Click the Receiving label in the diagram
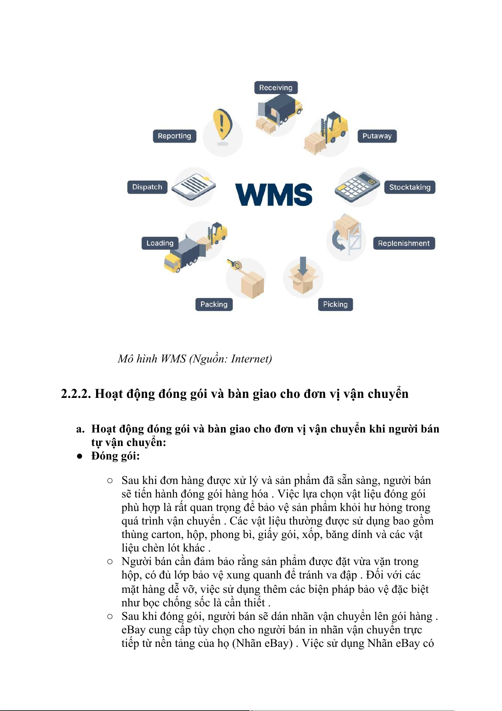click(276, 88)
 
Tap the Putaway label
click(377, 136)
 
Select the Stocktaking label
click(410, 187)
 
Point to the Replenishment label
click(404, 243)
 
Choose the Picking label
click(335, 304)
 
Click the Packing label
click(214, 304)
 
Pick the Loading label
click(160, 243)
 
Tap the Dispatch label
click(147, 187)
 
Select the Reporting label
click(174, 136)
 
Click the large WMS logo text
click(274, 194)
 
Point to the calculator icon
click(357, 187)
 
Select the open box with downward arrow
click(303, 275)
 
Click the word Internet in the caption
click(251, 359)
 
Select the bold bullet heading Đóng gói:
click(115, 456)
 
